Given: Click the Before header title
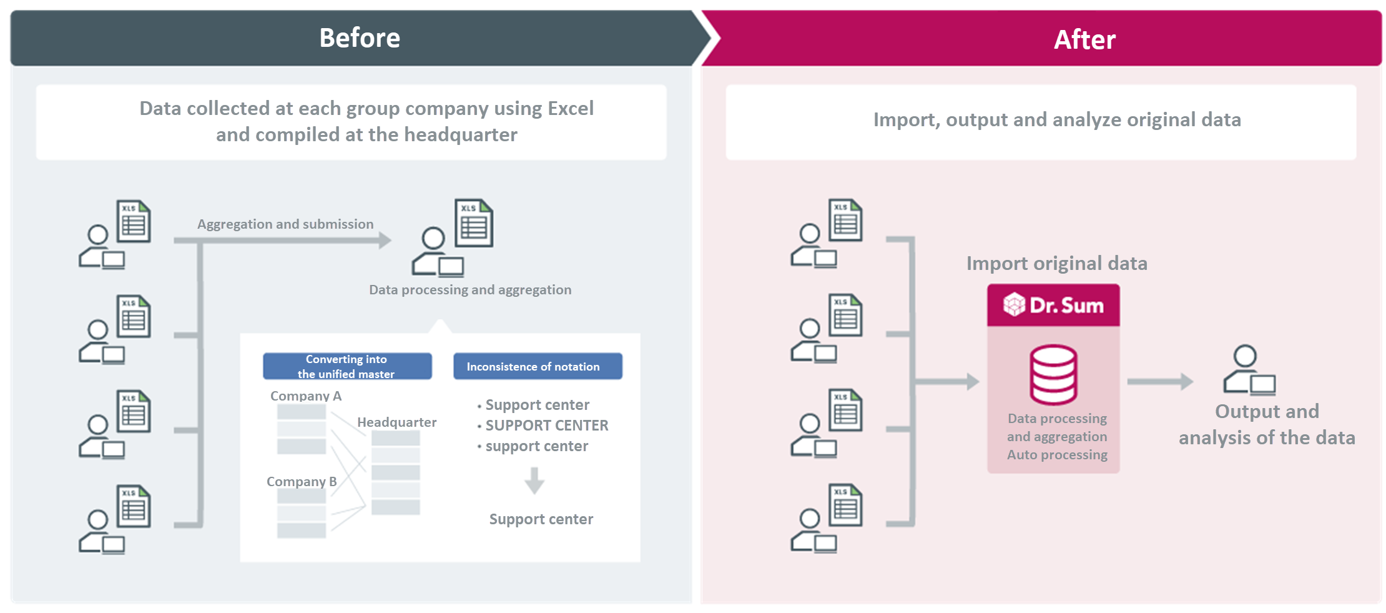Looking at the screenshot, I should [360, 38].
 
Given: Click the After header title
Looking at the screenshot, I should [1084, 39].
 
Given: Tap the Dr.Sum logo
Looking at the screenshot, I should [1053, 305].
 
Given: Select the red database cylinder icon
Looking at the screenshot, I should [1053, 374].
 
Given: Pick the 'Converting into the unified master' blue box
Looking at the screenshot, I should [347, 366].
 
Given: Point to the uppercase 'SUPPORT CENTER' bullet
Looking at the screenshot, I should [546, 426].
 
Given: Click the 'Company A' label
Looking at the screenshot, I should [306, 396].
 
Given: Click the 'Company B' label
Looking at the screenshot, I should [302, 481].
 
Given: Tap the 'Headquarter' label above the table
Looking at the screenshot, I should [396, 422].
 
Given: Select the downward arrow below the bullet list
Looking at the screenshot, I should [534, 481].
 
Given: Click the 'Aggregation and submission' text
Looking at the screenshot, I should [285, 224].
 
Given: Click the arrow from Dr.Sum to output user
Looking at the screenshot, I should [1159, 381].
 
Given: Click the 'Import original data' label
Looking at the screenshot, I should [1056, 263].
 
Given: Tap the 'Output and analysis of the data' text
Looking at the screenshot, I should [1266, 424].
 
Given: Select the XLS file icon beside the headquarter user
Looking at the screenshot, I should [474, 223].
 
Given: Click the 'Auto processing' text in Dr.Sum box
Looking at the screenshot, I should [1057, 455].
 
